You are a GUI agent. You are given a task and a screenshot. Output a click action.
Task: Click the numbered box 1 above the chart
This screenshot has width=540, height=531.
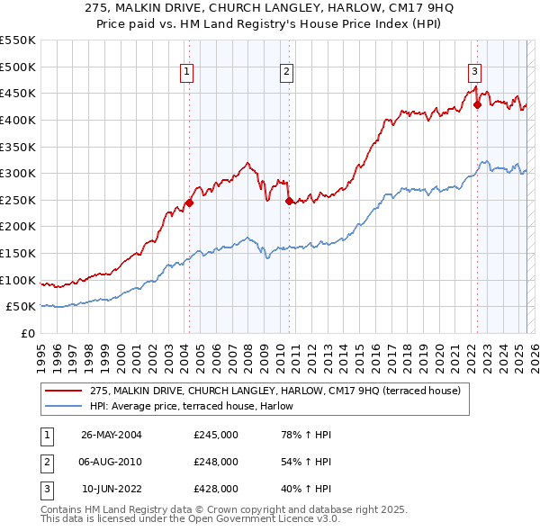[186, 73]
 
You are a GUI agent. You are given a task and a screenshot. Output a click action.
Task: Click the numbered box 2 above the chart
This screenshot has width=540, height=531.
[286, 73]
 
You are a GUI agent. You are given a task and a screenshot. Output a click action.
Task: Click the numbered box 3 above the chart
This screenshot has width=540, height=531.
[474, 73]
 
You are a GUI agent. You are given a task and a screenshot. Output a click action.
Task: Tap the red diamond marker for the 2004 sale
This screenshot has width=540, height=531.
[189, 202]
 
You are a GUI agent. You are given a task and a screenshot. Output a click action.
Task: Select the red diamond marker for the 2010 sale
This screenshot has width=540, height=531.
[288, 201]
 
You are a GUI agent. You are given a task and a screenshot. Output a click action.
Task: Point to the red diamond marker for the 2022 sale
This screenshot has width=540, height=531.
[477, 104]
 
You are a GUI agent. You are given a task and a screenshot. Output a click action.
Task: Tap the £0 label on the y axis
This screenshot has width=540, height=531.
[27, 333]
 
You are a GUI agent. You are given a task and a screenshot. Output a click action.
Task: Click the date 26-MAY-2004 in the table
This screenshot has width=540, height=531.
[112, 436]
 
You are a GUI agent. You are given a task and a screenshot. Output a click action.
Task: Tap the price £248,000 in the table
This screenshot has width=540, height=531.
[216, 463]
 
